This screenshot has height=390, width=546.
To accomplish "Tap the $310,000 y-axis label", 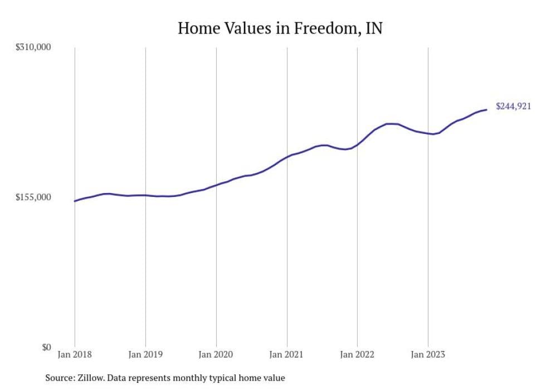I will pos(32,47).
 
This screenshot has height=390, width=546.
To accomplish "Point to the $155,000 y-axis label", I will pos(32,197).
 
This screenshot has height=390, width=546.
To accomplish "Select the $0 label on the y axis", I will pos(46,347).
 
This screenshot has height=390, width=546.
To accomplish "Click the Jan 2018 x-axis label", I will pos(75,354).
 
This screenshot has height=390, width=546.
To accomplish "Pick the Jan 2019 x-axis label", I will pos(145,354).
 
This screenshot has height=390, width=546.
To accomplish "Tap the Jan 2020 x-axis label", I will pos(216,354).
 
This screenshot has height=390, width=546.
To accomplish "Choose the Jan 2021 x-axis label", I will pos(286,354).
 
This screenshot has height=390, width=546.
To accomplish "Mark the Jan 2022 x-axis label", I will pos(357,354).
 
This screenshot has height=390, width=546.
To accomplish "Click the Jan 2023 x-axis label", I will pos(428,354).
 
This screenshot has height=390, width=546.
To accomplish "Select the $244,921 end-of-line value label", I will pos(513,107).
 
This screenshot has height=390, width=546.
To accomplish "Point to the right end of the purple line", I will pos(487,109).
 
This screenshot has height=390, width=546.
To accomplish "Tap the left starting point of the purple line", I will pos(75,201).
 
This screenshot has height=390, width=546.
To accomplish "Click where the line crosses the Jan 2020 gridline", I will pos(216,185).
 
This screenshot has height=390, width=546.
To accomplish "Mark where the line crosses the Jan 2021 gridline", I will pos(286,157).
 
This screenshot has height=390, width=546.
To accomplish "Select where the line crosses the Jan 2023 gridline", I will pos(428,133).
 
